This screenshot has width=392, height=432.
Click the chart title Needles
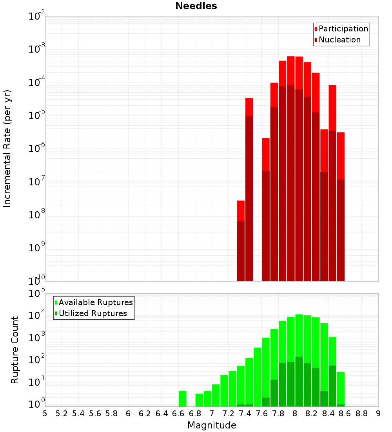pos(196,6)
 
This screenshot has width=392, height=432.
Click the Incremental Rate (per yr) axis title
pos(7,148)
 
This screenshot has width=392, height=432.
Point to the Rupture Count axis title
pos(15,350)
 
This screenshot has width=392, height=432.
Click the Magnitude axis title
pos(212,425)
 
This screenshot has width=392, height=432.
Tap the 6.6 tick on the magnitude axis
pos(178,414)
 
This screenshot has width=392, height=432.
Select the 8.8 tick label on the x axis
pos(361,414)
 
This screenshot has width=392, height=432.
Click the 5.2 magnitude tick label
pos(62,414)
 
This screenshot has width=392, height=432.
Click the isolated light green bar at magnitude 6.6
pos(182,399)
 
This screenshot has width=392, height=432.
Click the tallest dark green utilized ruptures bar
pos(299,381)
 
